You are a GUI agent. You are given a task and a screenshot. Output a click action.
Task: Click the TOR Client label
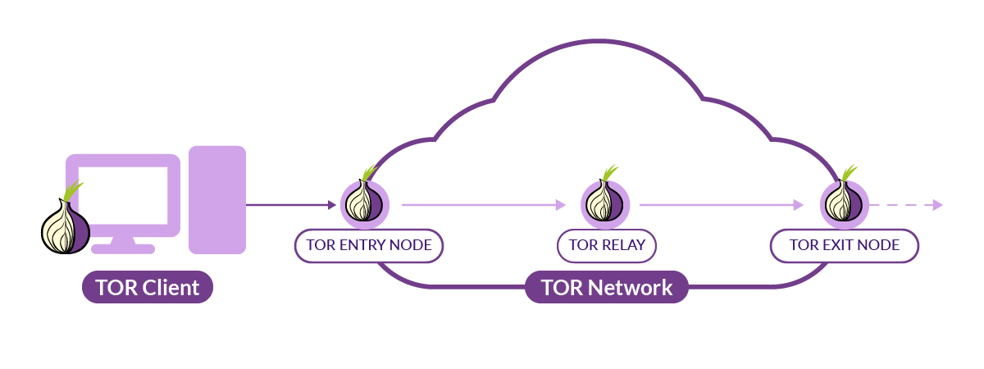pyautogui.click(x=147, y=288)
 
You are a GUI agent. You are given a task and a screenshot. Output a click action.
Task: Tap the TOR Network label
pyautogui.click(x=606, y=288)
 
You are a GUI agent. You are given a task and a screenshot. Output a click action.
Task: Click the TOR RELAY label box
pyautogui.click(x=607, y=245)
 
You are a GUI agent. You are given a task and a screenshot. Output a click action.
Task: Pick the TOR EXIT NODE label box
pyautogui.click(x=844, y=245)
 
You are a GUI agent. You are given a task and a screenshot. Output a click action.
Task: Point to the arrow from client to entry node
pyautogui.click(x=291, y=205)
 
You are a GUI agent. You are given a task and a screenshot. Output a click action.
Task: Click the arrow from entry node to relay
pyautogui.click(x=484, y=205)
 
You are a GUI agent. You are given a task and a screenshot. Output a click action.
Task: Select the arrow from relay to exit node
pyautogui.click(x=722, y=205)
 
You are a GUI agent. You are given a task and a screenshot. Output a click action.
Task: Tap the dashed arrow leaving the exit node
pyautogui.click(x=906, y=205)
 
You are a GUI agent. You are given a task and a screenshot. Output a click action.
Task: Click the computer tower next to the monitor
pyautogui.click(x=217, y=199)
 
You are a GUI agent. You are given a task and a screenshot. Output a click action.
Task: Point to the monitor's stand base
pyautogui.click(x=123, y=248)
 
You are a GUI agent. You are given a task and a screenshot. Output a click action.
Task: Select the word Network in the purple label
pyautogui.click(x=630, y=288)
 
